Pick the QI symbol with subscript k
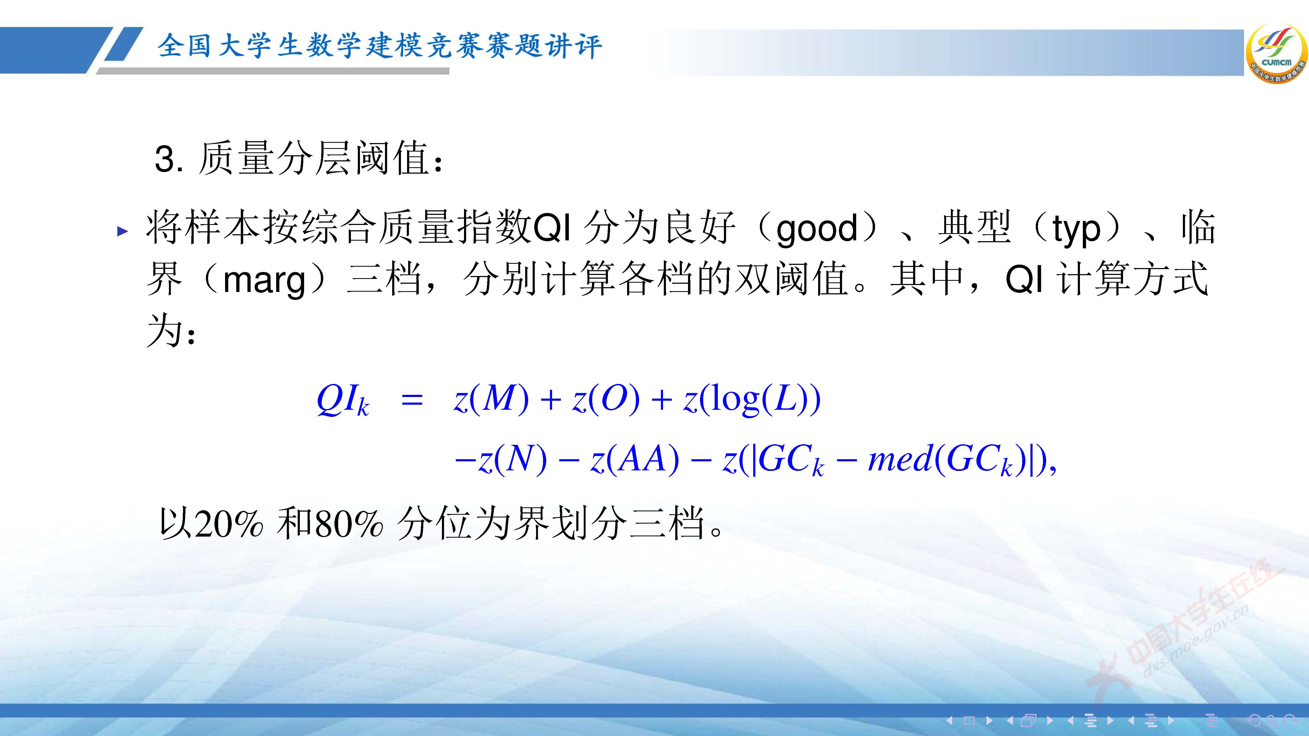click(342, 400)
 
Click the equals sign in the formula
click(412, 400)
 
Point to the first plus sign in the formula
click(550, 400)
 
